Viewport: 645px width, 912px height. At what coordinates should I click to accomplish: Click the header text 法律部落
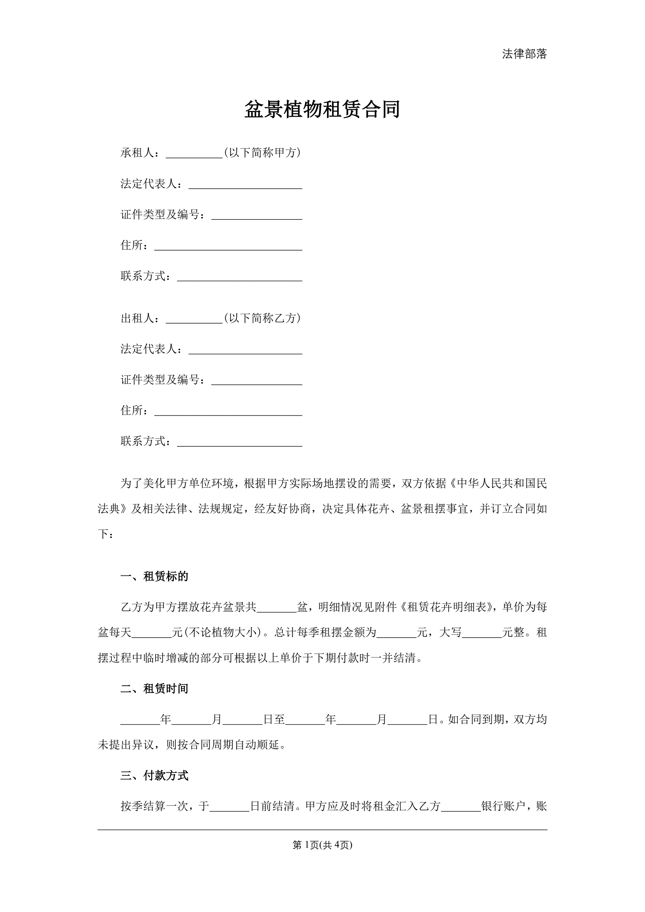(x=524, y=54)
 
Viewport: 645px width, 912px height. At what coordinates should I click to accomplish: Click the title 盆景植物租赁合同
(x=322, y=110)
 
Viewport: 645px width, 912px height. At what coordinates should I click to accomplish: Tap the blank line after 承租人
(x=194, y=154)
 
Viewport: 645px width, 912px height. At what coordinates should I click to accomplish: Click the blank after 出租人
(x=194, y=319)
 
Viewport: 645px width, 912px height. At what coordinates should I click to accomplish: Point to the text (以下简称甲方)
(x=262, y=153)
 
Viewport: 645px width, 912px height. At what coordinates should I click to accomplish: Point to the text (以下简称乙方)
(x=262, y=318)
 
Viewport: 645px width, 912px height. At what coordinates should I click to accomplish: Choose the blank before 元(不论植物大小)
(x=151, y=633)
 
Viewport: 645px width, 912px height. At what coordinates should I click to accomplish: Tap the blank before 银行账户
(x=461, y=807)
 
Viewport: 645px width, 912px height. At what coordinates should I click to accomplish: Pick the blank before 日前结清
(x=229, y=807)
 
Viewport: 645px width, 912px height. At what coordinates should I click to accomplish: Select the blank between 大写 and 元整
(x=482, y=633)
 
